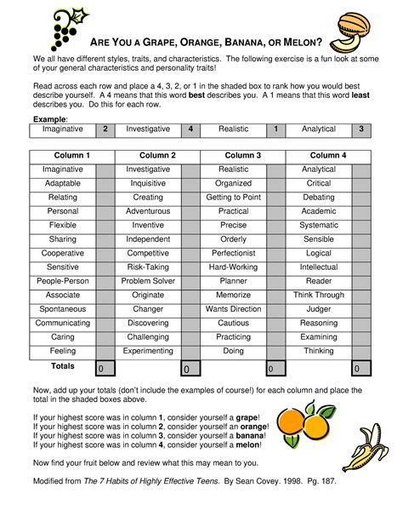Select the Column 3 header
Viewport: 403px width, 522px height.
[x=242, y=156]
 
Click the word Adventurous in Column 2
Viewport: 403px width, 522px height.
[x=148, y=211]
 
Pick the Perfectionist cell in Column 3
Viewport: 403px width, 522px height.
[x=233, y=254]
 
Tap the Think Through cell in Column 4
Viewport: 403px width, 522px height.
[x=319, y=295]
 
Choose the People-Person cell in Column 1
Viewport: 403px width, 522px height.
[x=63, y=281]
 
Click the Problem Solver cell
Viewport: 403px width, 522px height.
[x=148, y=281]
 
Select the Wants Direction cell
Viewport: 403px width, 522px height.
[x=233, y=309]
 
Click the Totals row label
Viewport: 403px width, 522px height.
[x=62, y=366]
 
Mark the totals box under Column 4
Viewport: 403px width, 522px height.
[x=362, y=369]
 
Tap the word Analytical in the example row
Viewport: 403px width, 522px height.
[x=319, y=129]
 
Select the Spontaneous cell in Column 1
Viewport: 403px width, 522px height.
[x=63, y=309]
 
